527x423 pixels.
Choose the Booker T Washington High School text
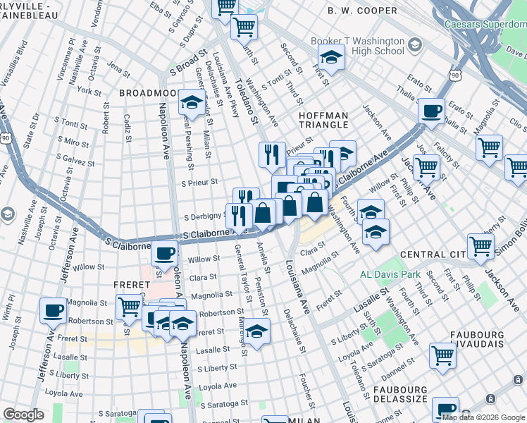pyautogui.click(x=359, y=47)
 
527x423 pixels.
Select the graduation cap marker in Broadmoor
pyautogui.click(x=191, y=103)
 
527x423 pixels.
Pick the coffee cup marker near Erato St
pyautogui.click(x=430, y=110)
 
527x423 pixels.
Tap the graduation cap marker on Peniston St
pyautogui.click(x=257, y=332)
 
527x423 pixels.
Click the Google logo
pyautogui.click(x=23, y=415)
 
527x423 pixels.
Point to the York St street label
pyautogui.click(x=89, y=91)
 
